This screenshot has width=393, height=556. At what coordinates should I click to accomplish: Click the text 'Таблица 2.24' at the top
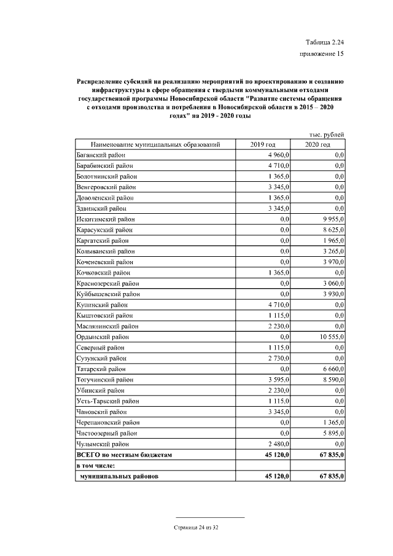(x=324, y=42)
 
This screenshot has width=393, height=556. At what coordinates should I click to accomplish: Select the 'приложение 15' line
(x=321, y=54)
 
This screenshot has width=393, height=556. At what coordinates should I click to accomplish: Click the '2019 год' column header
(x=263, y=144)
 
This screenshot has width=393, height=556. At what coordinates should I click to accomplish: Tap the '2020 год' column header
(x=318, y=144)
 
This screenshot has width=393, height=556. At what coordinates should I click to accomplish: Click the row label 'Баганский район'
(x=99, y=155)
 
